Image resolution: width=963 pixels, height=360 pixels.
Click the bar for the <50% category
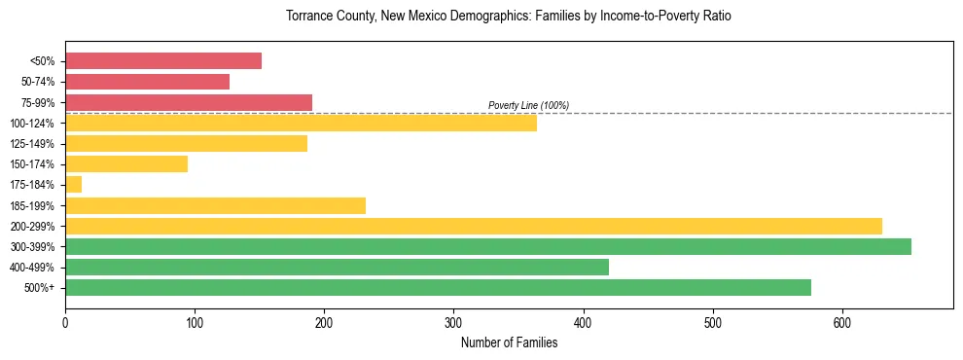(x=163, y=60)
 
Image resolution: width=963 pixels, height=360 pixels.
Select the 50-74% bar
(x=147, y=82)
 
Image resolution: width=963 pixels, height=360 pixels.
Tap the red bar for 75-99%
(x=189, y=102)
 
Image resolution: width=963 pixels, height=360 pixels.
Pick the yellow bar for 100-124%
(x=301, y=123)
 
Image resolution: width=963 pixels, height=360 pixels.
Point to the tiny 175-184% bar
(x=73, y=185)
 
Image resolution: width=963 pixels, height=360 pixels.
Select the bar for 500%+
(x=438, y=287)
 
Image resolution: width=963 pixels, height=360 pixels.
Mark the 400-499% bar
(x=337, y=267)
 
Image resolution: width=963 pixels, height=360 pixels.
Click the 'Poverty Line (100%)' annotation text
(x=528, y=105)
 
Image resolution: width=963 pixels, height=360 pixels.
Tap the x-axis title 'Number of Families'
(x=509, y=342)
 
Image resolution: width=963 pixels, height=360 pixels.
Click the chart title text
(x=508, y=17)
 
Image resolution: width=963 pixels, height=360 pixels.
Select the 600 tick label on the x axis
(x=842, y=323)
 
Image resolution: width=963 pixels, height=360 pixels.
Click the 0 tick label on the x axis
(x=65, y=323)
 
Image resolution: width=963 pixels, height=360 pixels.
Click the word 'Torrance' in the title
(x=308, y=17)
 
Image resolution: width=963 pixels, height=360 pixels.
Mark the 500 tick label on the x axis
(x=713, y=323)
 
